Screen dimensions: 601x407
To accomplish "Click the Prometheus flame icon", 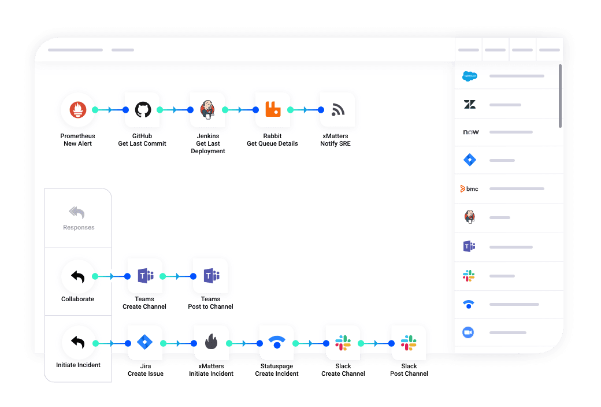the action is pyautogui.click(x=78, y=110).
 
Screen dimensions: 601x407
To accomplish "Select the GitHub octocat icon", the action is pyautogui.click(x=143, y=110).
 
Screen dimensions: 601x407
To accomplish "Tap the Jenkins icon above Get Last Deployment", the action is pyautogui.click(x=207, y=110).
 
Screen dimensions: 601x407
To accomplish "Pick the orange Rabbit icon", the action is pyautogui.click(x=273, y=109).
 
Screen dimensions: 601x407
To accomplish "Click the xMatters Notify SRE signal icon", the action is pyautogui.click(x=338, y=110).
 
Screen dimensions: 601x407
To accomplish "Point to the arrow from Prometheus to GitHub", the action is pyautogui.click(x=110, y=110).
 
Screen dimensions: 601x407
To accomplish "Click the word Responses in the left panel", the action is pyautogui.click(x=79, y=227).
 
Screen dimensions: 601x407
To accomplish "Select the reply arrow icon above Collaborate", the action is pyautogui.click(x=78, y=276).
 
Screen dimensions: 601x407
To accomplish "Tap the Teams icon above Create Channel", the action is pyautogui.click(x=146, y=276).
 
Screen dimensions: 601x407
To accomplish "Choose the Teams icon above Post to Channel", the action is pyautogui.click(x=212, y=276).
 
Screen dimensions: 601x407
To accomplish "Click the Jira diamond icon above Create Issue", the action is pyautogui.click(x=145, y=342).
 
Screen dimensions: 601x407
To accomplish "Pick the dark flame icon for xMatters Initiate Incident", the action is pyautogui.click(x=211, y=342).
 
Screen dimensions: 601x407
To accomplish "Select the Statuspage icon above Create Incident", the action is pyautogui.click(x=277, y=342).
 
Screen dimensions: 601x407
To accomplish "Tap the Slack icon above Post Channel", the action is pyautogui.click(x=409, y=343).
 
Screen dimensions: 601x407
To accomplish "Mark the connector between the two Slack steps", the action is pyautogui.click(x=376, y=343).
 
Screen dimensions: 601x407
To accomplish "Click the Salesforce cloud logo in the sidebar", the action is pyautogui.click(x=470, y=76).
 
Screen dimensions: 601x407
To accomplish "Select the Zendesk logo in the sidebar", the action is pyautogui.click(x=470, y=104).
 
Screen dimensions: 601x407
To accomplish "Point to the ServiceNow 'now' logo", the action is pyautogui.click(x=471, y=132).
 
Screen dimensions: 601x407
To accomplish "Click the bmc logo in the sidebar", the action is pyautogui.click(x=469, y=188).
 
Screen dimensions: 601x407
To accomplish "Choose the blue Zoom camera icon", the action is pyautogui.click(x=468, y=332).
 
